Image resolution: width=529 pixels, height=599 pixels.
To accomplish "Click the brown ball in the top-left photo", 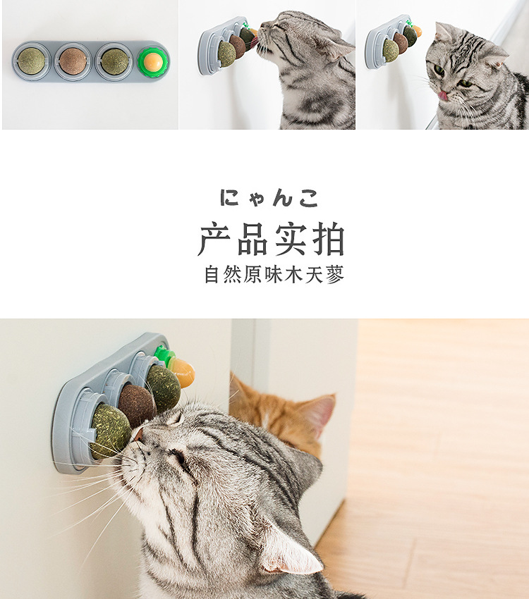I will click(73, 62).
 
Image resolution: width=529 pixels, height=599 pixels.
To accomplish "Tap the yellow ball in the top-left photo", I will click(152, 62).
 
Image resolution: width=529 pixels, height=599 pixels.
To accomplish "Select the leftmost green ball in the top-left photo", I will click(30, 62).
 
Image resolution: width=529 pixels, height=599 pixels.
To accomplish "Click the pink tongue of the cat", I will click(442, 95).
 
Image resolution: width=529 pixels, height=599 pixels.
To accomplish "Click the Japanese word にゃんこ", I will click(269, 198).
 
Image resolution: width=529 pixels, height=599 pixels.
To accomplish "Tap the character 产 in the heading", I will click(214, 240).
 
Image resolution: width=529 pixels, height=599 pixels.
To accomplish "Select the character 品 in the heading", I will click(252, 240).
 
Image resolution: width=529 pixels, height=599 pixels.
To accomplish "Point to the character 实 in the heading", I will click(290, 240).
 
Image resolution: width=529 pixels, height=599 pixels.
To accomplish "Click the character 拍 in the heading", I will click(327, 240).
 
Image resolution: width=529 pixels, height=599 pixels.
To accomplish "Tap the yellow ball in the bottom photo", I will click(183, 372).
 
